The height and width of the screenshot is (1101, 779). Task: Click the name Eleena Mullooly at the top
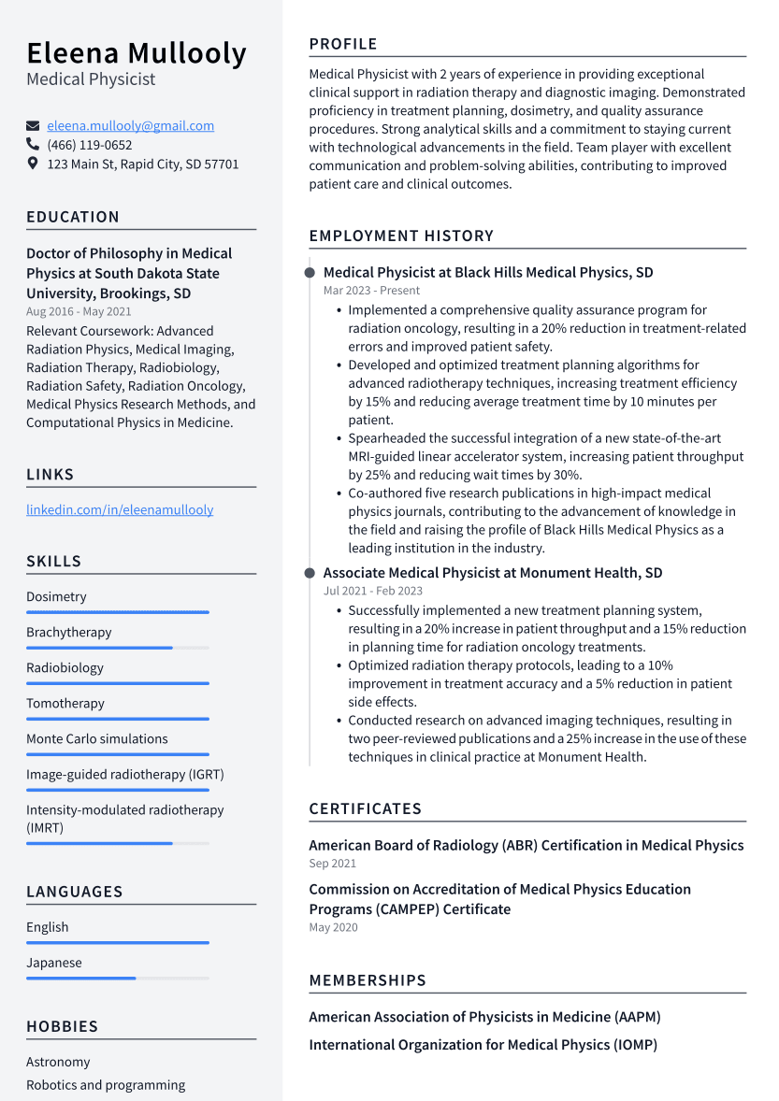tap(137, 53)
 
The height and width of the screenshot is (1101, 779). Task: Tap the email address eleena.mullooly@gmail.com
tap(130, 125)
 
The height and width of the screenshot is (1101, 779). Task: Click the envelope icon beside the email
tap(33, 126)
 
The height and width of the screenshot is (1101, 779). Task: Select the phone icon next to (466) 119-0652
tap(33, 145)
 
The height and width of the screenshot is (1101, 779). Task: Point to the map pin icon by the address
tap(33, 164)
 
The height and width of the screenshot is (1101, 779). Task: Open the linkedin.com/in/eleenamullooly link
tap(120, 509)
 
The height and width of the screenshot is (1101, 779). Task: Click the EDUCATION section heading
tap(73, 217)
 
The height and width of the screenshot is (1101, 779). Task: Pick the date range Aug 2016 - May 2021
tap(79, 311)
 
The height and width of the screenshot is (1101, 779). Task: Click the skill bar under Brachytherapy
tap(117, 648)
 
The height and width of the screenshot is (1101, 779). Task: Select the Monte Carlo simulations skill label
tap(97, 738)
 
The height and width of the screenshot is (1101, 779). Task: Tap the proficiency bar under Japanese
tap(117, 979)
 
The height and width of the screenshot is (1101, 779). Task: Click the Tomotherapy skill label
tap(65, 703)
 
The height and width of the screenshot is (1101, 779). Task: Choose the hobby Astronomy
tap(58, 1062)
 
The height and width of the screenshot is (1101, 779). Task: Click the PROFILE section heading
tap(343, 44)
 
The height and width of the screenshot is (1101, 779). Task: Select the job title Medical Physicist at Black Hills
tap(488, 272)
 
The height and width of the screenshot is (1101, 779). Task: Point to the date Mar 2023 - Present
tap(371, 291)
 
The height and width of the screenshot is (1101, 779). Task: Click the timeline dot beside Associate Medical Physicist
tap(310, 572)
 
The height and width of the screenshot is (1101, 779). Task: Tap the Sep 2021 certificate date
tap(333, 864)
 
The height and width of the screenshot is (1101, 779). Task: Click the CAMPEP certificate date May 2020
tap(333, 927)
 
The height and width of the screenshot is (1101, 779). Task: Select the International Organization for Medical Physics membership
tap(483, 1044)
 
